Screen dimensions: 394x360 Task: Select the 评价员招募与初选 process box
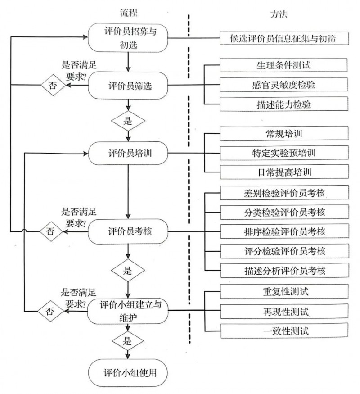(128, 38)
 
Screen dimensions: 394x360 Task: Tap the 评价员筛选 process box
(128, 86)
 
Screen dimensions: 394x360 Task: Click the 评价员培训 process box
(128, 153)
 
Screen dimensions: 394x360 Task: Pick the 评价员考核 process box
(128, 231)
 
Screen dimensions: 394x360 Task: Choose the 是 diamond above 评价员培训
(128, 120)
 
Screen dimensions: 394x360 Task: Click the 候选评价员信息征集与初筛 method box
(284, 38)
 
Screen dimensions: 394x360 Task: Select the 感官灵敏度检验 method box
(284, 84)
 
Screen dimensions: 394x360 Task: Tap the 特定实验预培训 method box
(284, 152)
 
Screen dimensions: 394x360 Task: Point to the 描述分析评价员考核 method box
(284, 270)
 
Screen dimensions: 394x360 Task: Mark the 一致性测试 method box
(284, 331)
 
